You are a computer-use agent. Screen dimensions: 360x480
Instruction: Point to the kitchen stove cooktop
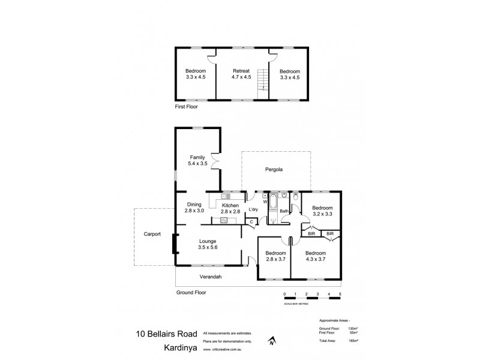(224, 220)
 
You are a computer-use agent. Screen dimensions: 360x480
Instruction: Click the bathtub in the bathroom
(273, 202)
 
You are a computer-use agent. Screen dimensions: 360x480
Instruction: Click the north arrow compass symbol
(272, 342)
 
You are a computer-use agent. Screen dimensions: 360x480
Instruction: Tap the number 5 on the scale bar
(340, 294)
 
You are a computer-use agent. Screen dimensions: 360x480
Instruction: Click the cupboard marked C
(251, 222)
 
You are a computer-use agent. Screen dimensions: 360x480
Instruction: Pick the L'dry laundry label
(253, 209)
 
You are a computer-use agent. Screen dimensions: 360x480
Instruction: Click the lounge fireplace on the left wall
(175, 244)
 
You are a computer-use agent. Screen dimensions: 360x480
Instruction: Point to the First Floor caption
(186, 106)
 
